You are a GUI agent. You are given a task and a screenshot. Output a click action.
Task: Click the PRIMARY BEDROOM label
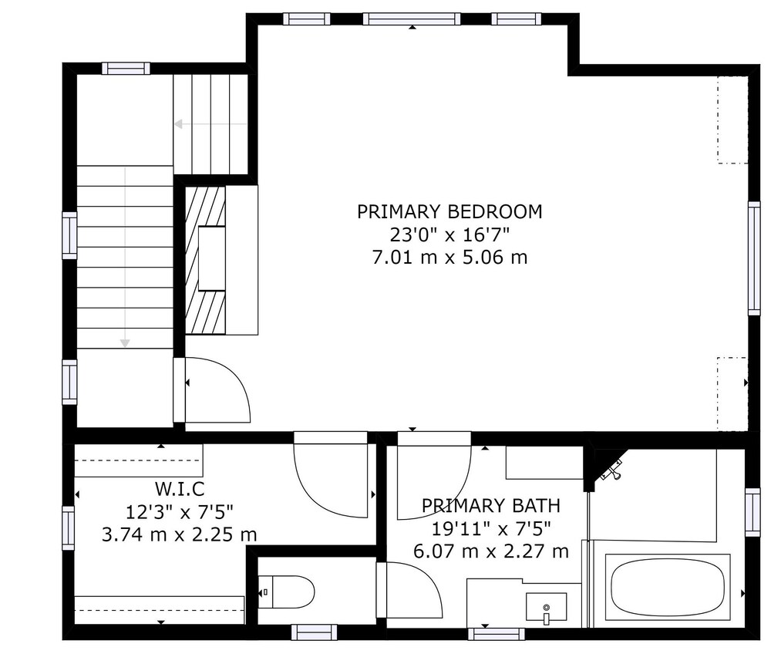(449, 212)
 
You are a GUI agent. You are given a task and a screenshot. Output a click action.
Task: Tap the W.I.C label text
(180, 489)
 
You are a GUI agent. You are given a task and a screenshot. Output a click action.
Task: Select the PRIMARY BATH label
(490, 506)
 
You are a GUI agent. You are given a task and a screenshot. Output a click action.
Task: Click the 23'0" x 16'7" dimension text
(449, 235)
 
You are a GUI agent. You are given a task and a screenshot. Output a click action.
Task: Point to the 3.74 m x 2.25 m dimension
(180, 534)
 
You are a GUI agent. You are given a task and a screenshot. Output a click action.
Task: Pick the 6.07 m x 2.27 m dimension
(490, 551)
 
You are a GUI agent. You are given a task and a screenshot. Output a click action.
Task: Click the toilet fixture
(286, 592)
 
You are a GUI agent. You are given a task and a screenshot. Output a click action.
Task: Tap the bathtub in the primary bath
(668, 587)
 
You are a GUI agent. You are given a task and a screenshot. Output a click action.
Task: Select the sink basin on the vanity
(546, 607)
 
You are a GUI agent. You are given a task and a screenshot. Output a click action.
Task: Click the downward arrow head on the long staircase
(125, 342)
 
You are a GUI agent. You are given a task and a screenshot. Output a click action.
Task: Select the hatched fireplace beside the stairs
(205, 260)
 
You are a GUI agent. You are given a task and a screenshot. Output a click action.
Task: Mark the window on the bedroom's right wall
(754, 258)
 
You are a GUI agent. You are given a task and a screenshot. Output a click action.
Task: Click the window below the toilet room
(314, 632)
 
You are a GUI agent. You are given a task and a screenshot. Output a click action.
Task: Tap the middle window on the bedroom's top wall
(412, 19)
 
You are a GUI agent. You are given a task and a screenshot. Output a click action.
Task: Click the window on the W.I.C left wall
(69, 528)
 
